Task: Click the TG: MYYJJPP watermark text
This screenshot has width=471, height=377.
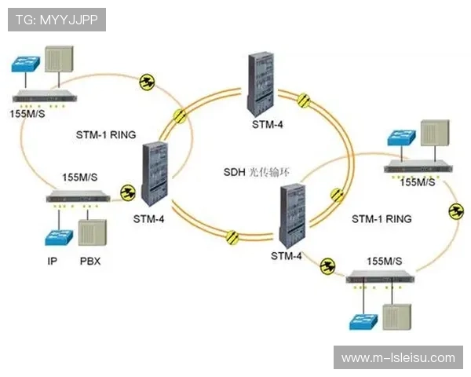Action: point(56,20)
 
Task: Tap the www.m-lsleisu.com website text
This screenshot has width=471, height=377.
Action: point(398,357)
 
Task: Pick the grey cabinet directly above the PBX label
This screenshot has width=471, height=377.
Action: point(91,232)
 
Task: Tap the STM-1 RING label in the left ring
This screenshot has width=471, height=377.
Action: point(106,134)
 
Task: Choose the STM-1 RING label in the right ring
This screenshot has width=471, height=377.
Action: point(381,218)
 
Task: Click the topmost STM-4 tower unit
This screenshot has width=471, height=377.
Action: point(261,82)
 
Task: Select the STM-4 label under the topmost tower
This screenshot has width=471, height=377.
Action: point(267,124)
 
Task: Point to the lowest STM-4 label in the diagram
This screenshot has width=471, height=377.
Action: point(286,255)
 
